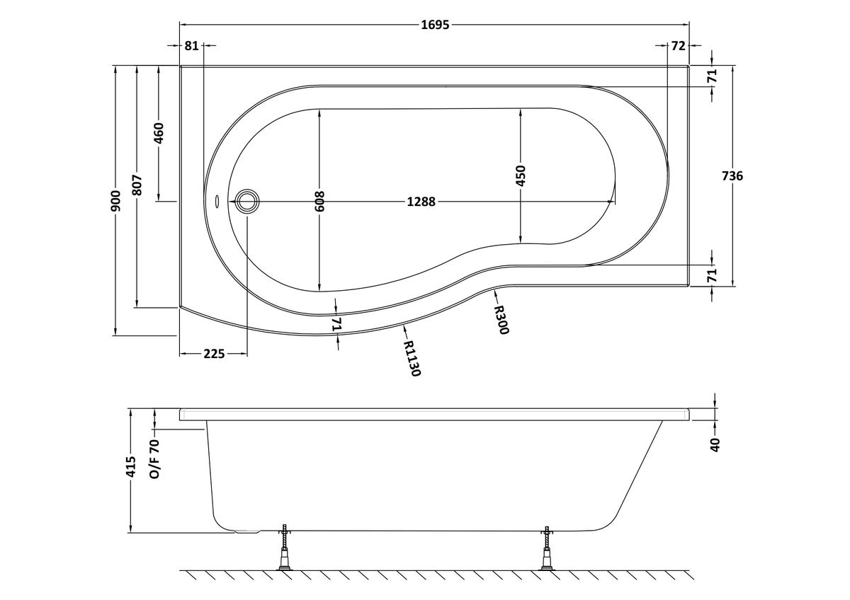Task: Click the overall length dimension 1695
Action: pyautogui.click(x=435, y=25)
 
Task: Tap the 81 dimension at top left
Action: pyautogui.click(x=192, y=46)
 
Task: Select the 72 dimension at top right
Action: pyautogui.click(x=678, y=46)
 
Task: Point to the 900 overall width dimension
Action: pyautogui.click(x=116, y=201)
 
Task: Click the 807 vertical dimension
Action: pyautogui.click(x=137, y=185)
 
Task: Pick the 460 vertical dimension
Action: pyautogui.click(x=159, y=133)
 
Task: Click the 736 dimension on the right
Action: pyautogui.click(x=732, y=176)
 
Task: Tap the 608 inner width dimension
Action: pyautogui.click(x=319, y=201)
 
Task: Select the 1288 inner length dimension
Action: pyautogui.click(x=421, y=202)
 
